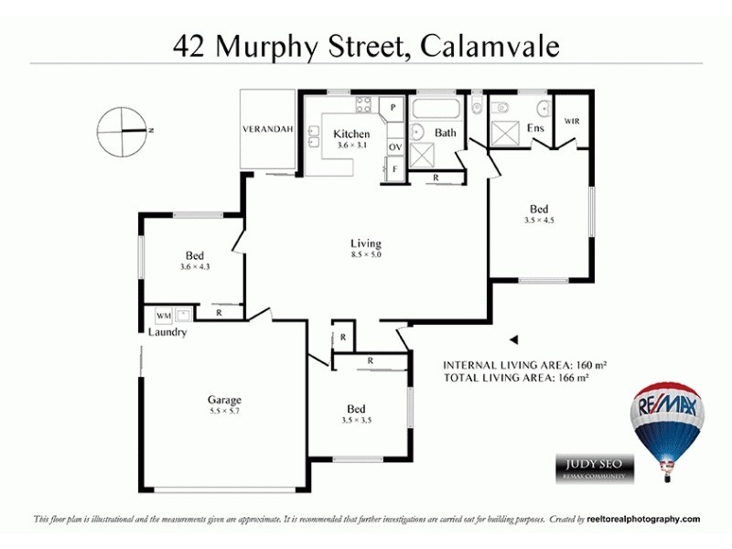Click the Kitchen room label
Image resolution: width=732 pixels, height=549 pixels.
coord(351,135)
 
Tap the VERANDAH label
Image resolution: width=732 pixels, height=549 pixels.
coord(267,129)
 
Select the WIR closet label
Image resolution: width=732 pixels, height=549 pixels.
coord(572,122)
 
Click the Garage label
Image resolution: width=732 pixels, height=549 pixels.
coord(224,400)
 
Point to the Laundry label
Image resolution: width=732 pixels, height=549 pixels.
coord(167,332)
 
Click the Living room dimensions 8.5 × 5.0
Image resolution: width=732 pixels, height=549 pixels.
coord(365,254)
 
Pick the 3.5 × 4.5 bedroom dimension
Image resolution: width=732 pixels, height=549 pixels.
coord(539,220)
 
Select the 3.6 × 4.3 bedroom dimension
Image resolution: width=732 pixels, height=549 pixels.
coord(194,267)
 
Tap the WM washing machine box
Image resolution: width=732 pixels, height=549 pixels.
coord(163,316)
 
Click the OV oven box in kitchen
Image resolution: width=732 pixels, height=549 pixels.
coord(395,146)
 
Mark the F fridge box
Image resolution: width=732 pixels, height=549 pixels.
coord(394,169)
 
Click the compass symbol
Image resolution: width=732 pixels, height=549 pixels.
coord(123,131)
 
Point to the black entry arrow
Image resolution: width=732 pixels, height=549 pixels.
coord(513,337)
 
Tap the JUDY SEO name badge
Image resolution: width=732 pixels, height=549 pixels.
coord(593,465)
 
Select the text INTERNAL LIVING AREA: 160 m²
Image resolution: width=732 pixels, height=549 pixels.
coord(524,363)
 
